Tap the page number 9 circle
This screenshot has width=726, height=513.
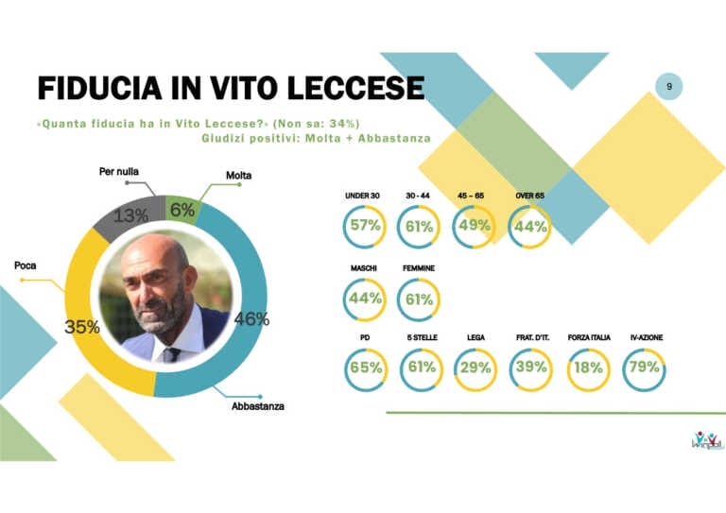pyautogui.click(x=669, y=87)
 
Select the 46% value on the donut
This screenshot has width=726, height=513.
pyautogui.click(x=251, y=319)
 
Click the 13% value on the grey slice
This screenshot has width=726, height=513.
pyautogui.click(x=130, y=216)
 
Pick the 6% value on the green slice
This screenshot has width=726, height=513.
pyautogui.click(x=182, y=211)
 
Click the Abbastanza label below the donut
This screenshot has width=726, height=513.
pyautogui.click(x=258, y=406)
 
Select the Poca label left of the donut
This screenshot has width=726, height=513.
pyautogui.click(x=26, y=266)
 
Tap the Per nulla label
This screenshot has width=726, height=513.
pyautogui.click(x=119, y=171)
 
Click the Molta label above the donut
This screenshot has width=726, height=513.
pyautogui.click(x=238, y=175)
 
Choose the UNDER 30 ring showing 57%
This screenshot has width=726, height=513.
pyautogui.click(x=364, y=226)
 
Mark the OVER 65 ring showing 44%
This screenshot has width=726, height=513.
pyautogui.click(x=529, y=226)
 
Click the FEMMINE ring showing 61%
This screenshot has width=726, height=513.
pyautogui.click(x=419, y=299)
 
